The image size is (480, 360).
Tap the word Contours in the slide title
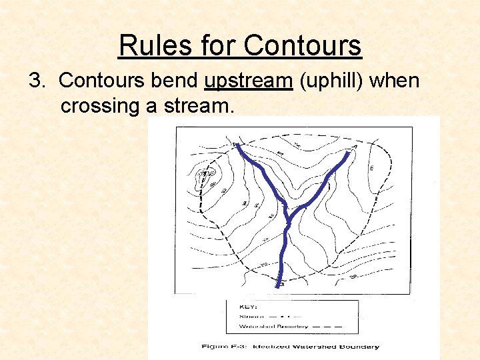[303, 45]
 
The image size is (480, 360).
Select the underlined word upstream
[249, 81]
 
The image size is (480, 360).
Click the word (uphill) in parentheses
[331, 81]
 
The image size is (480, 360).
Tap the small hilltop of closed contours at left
[203, 176]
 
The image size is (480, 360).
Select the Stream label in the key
[249, 316]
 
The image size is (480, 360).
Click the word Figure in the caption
[216, 347]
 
